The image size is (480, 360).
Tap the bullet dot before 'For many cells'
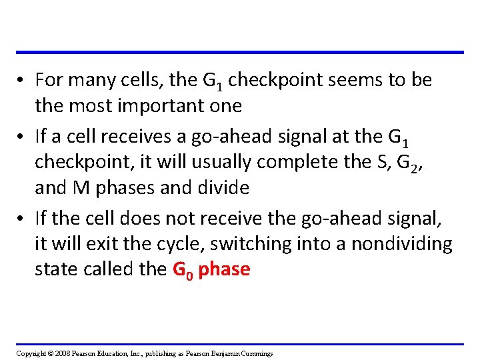click(x=23, y=81)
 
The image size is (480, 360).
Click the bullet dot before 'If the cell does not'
click(x=23, y=219)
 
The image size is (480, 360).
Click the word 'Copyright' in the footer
click(x=31, y=353)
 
